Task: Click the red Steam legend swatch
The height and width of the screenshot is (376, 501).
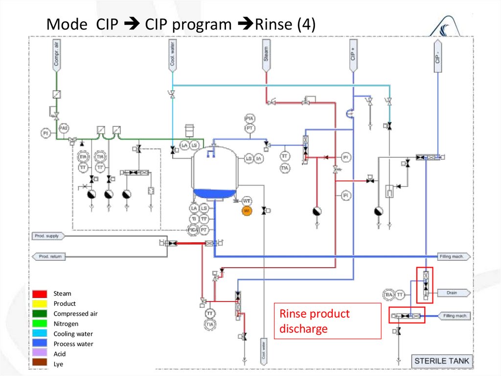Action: [x=40, y=294]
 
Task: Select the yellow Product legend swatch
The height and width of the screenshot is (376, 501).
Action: [x=40, y=304]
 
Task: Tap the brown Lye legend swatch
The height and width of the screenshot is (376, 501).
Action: [x=40, y=364]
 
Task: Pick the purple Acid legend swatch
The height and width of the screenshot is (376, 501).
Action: [x=40, y=353]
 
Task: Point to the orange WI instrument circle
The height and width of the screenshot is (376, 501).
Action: [x=247, y=211]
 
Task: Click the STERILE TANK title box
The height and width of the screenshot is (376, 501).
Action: [x=441, y=361]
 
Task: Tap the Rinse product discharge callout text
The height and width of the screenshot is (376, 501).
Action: [x=314, y=321]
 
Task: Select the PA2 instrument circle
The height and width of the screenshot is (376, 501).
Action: [x=63, y=128]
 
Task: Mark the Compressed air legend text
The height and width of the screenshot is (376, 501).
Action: [x=75, y=314]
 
